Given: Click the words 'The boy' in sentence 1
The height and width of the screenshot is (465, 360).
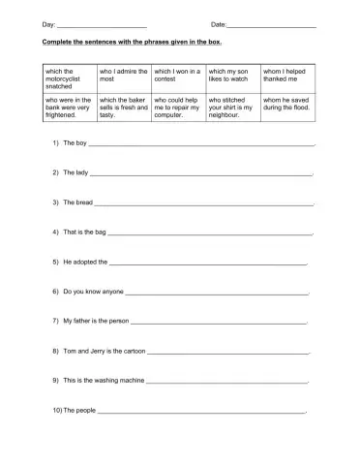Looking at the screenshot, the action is (x=75, y=142).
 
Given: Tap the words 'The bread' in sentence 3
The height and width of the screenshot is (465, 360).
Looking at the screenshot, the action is (x=77, y=203).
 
